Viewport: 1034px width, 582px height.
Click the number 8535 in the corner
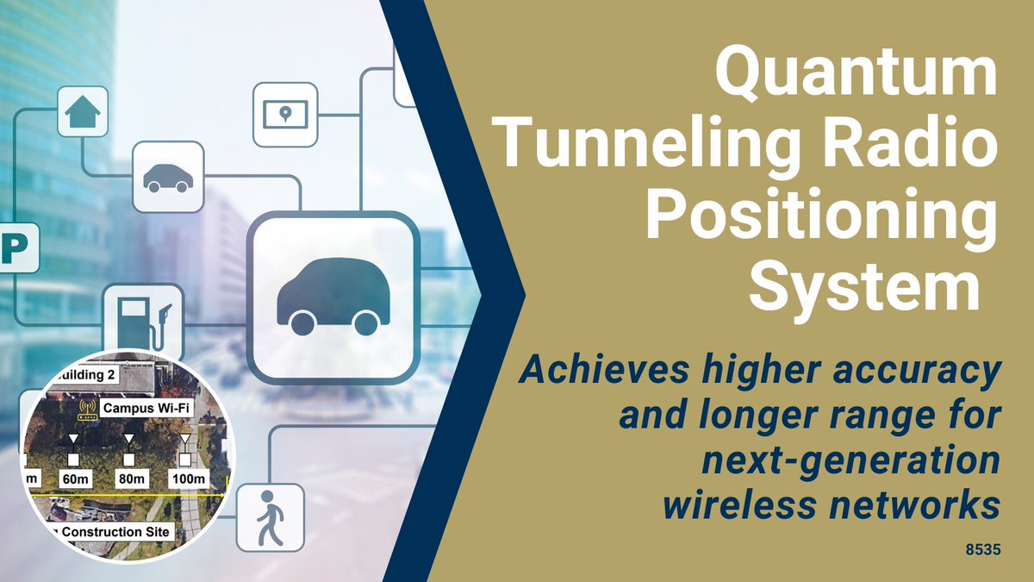[983, 548]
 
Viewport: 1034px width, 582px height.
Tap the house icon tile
[83, 110]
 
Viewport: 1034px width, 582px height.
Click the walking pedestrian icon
[271, 516]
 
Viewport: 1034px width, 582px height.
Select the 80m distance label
[128, 479]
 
